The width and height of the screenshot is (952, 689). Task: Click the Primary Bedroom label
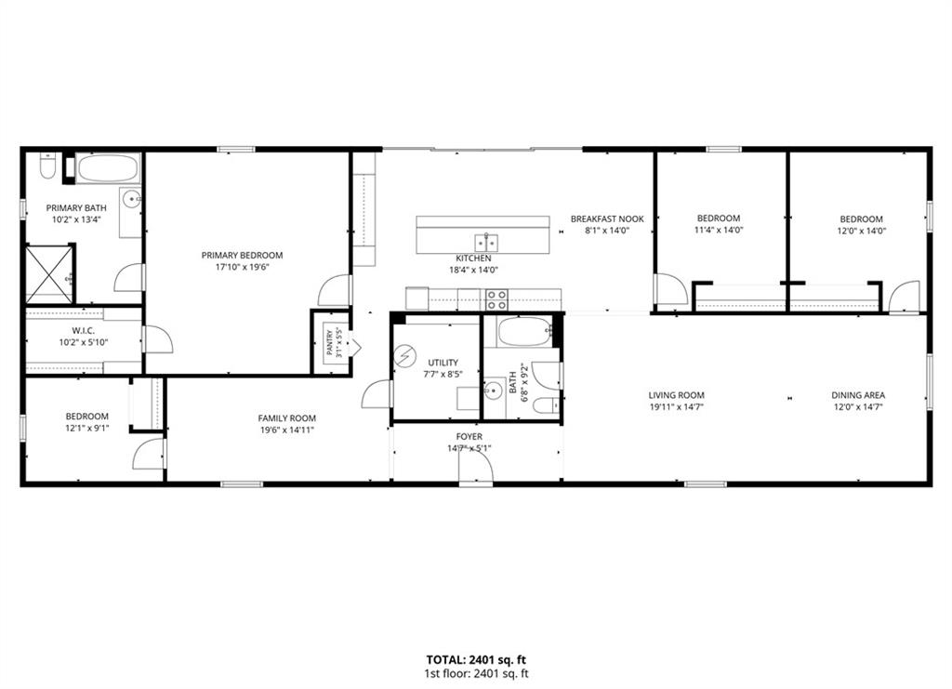coord(242,255)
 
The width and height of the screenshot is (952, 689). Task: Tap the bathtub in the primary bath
coord(108,168)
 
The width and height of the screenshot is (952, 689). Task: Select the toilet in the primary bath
coord(47,166)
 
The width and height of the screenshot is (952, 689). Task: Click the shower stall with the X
coord(49,273)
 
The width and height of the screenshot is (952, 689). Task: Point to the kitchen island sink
coord(487,242)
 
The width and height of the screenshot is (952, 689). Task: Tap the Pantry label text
coord(329,342)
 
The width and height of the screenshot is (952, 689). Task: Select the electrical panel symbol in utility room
coord(405,356)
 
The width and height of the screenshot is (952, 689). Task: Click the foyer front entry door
coord(475,468)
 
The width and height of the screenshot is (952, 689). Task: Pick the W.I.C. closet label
coord(83,331)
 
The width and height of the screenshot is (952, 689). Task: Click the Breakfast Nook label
coord(607,219)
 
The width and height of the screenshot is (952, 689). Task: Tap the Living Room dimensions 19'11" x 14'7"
coord(677,407)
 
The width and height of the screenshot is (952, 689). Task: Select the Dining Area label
coord(858,395)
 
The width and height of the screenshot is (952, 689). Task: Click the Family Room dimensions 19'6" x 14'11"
coord(287,430)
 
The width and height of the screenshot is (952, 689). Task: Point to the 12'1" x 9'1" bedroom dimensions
coord(86,428)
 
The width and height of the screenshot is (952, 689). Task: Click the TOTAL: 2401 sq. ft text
coord(476,660)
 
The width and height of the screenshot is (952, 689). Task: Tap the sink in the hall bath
coord(495,390)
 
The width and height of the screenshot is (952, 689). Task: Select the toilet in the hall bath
coord(546,404)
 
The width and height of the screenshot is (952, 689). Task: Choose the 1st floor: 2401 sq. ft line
coord(476,673)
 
